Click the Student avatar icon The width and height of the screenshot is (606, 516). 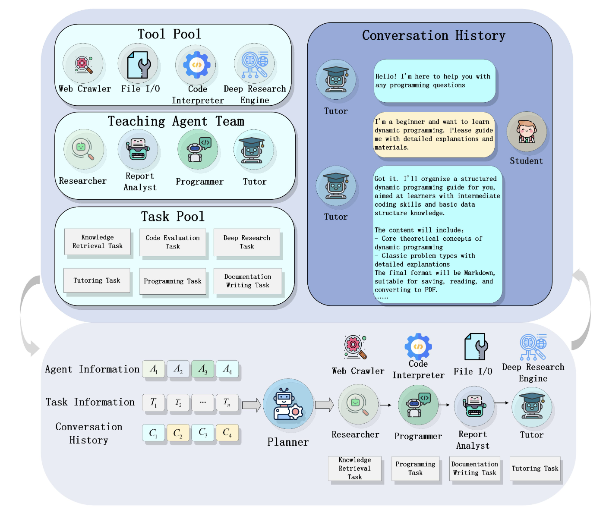(x=527, y=132)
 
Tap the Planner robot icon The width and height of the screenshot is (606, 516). (x=288, y=404)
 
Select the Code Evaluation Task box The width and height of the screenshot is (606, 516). (x=173, y=242)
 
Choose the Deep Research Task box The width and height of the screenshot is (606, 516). (x=247, y=242)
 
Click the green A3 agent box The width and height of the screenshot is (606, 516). (x=203, y=369)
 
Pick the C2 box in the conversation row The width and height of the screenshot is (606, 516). (x=178, y=433)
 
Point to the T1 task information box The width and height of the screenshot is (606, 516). (x=154, y=403)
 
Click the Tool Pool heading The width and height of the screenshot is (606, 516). (x=169, y=34)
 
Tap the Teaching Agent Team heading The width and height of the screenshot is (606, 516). (x=176, y=121)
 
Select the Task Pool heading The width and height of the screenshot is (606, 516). (x=173, y=216)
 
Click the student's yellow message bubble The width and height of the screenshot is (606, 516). (x=434, y=135)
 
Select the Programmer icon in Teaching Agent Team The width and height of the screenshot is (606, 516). (x=198, y=149)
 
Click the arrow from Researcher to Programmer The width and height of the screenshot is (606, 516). (x=386, y=405)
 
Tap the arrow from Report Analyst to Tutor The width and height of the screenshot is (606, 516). (x=502, y=403)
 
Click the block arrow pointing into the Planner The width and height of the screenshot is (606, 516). (x=252, y=405)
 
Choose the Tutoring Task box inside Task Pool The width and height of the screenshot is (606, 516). (x=97, y=281)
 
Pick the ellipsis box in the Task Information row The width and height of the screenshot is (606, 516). (x=203, y=403)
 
